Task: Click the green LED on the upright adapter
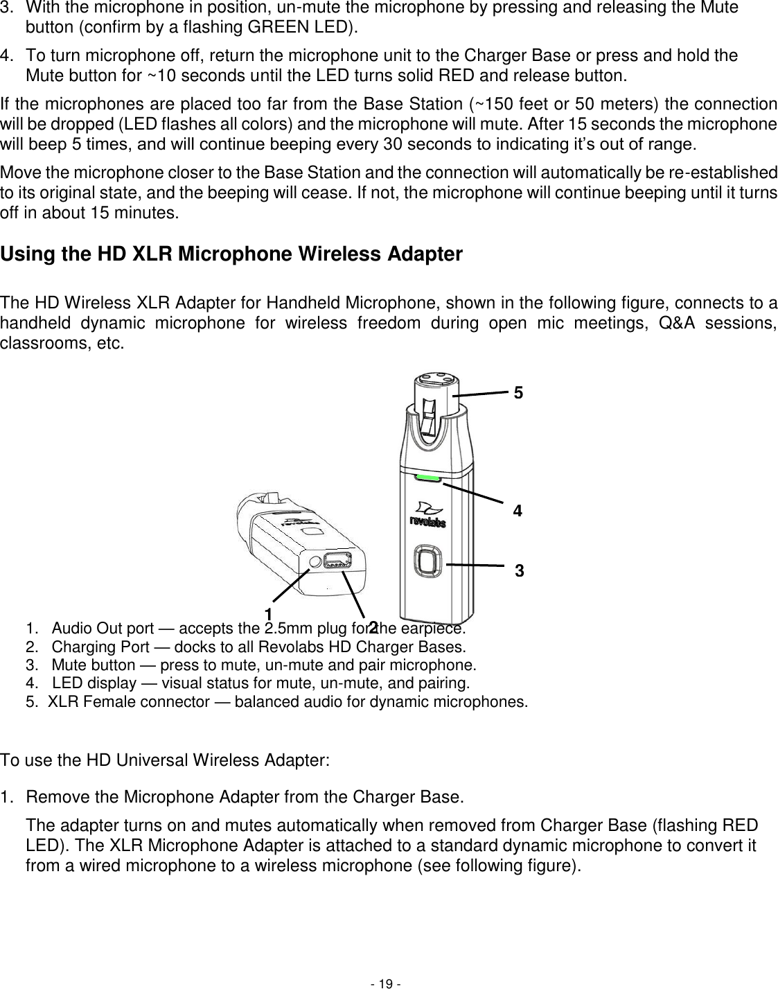(x=428, y=478)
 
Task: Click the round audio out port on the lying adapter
(x=315, y=562)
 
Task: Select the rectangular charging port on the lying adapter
(x=337, y=560)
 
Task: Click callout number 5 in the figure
(x=518, y=393)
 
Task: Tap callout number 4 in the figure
(x=517, y=511)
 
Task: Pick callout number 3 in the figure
(x=520, y=572)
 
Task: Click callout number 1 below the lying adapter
(x=267, y=613)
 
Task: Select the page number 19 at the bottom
(x=388, y=983)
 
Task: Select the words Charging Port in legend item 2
(x=95, y=647)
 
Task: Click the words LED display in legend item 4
(x=94, y=683)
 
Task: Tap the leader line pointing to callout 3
(x=475, y=566)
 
